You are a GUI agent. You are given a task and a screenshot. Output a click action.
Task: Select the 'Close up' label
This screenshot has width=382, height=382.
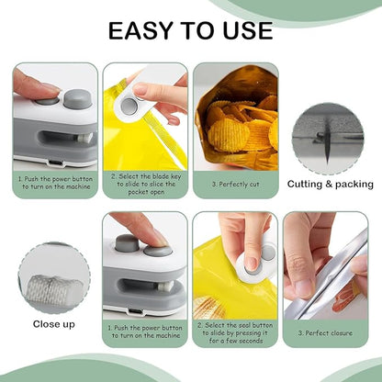[x=54, y=323]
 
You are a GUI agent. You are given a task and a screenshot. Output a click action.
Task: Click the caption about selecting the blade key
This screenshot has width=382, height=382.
[x=147, y=185]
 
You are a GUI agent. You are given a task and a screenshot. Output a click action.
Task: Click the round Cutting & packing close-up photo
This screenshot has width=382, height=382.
[x=327, y=138]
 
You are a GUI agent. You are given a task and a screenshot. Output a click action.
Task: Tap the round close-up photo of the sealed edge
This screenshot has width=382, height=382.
[x=54, y=278]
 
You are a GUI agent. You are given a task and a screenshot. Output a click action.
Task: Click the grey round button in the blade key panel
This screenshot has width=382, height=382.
[x=129, y=107]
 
